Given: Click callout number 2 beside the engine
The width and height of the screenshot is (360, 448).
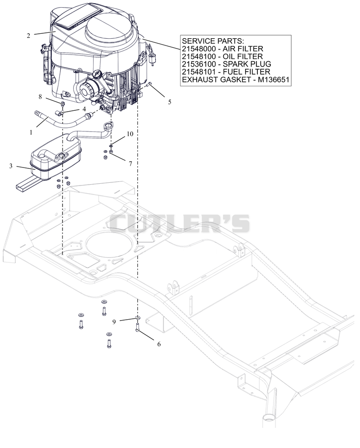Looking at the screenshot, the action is (x=28, y=36).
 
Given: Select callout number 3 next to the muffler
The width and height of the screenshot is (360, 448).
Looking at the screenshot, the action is (x=11, y=166).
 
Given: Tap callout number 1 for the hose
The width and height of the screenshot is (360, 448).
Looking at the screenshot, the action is (x=31, y=132).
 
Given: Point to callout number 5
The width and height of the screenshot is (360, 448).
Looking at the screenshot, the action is (x=170, y=102).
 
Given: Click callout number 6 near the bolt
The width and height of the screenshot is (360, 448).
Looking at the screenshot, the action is (x=159, y=344).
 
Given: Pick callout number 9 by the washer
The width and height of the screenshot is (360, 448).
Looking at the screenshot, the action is (x=114, y=322).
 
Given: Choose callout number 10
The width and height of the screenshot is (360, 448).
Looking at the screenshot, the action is (x=130, y=134).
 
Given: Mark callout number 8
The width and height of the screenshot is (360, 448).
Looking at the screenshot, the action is (x=40, y=96).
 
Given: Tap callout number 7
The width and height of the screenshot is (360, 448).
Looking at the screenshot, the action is (x=130, y=164).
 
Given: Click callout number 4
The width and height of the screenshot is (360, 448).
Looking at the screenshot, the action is (x=84, y=109).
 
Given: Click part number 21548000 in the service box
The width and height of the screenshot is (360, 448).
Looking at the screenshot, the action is (x=199, y=49).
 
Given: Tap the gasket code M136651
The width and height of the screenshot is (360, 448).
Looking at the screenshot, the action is (x=274, y=79).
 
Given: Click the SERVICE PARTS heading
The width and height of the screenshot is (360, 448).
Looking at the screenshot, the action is (x=213, y=41).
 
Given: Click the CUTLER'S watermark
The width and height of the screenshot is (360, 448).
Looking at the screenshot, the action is (x=180, y=224).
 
